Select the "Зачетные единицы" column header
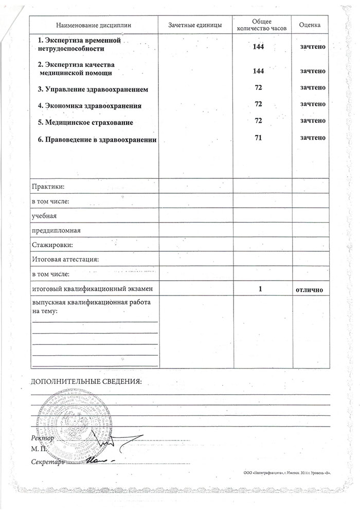[x=195, y=25]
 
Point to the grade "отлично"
[x=309, y=290]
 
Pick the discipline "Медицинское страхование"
[x=89, y=122]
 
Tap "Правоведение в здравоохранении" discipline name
[x=97, y=139]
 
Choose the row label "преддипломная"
[x=57, y=230]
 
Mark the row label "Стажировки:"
[x=52, y=245]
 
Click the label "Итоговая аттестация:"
[x=65, y=260]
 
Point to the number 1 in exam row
[x=261, y=289]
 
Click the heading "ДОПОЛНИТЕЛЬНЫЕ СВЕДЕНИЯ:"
[x=85, y=382]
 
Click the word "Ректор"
[x=42, y=438]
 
